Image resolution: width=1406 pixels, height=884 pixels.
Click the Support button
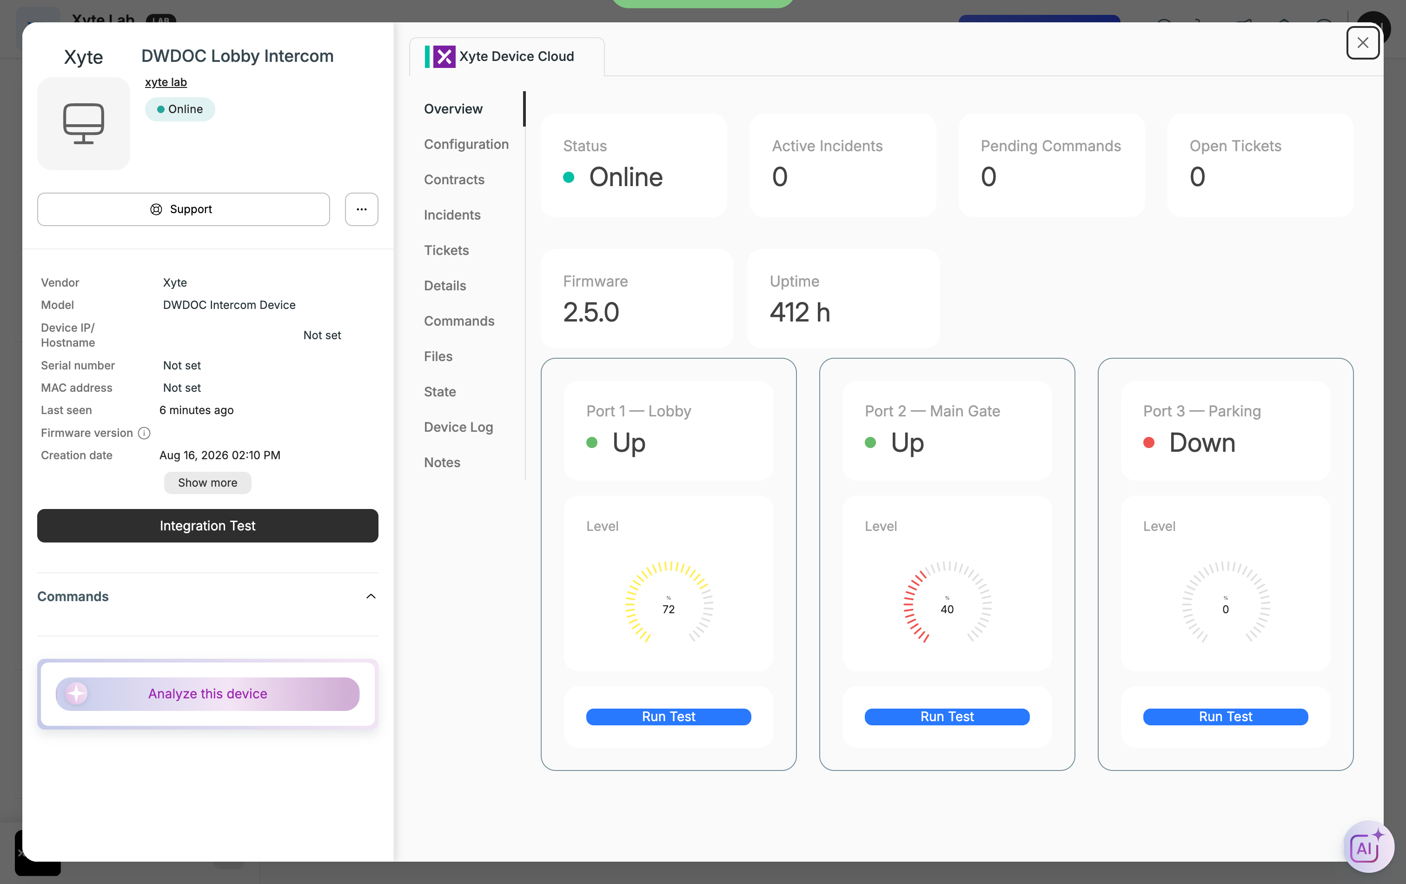[x=183, y=209]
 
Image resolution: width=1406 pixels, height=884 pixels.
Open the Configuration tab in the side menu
[x=466, y=144]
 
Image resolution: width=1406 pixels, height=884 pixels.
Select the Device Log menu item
[x=458, y=427]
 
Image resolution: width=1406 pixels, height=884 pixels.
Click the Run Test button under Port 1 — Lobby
[x=669, y=717]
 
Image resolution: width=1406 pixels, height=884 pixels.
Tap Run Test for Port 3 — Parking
[x=1226, y=717]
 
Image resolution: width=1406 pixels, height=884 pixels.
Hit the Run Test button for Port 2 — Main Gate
[x=947, y=717]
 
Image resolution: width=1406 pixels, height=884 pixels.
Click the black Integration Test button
[x=208, y=525]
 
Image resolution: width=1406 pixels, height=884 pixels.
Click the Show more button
[x=208, y=482]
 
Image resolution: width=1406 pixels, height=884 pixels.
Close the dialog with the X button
[x=1363, y=43]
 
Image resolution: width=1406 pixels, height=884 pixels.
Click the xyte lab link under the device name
[x=166, y=82]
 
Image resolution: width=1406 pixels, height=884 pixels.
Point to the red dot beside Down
[x=1148, y=442]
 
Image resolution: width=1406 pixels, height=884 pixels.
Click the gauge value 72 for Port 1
[x=669, y=609]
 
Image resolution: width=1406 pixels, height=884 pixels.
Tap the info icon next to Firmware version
[x=144, y=433]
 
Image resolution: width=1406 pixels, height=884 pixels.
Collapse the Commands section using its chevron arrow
[x=371, y=596]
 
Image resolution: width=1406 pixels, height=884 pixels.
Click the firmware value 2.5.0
[x=591, y=312]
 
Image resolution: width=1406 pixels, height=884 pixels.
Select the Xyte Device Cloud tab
[x=507, y=57]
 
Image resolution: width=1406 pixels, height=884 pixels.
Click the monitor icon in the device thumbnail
[x=84, y=123]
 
